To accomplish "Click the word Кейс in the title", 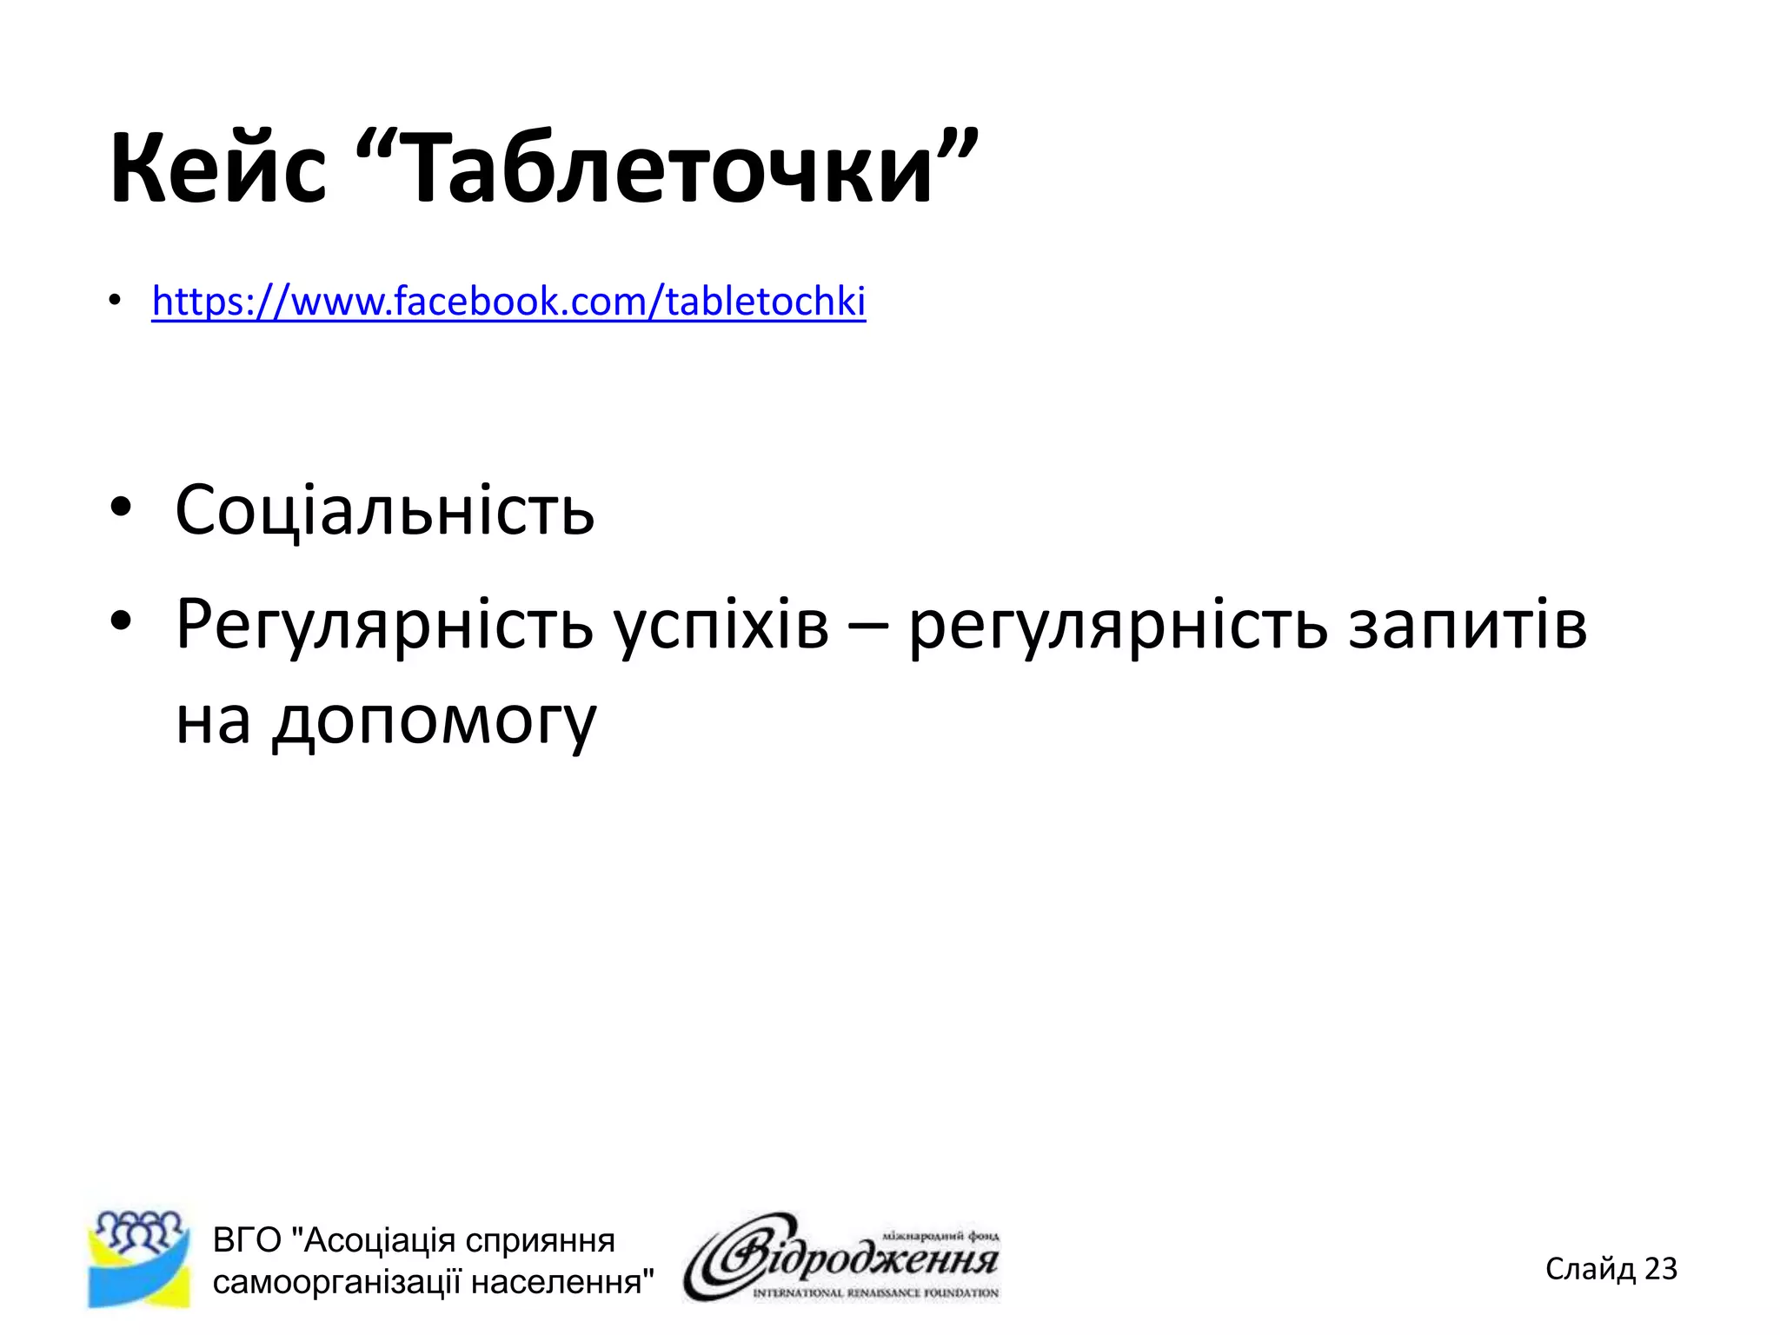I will (217, 167).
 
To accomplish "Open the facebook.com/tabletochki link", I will (508, 302).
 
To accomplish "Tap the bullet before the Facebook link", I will (115, 301).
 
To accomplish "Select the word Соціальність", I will (384, 510).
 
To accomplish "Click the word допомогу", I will (434, 721).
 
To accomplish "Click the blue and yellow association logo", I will (139, 1259).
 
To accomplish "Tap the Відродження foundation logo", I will (841, 1257).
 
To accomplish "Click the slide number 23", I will (1661, 1269).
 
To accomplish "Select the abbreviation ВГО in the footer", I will (247, 1240).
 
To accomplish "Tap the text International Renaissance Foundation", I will (875, 1293).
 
